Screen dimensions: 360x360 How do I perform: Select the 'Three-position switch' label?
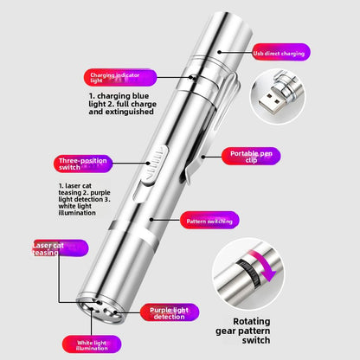(83, 164)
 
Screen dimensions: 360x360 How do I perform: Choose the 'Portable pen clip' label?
(251, 157)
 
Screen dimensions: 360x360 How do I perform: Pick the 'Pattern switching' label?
(209, 221)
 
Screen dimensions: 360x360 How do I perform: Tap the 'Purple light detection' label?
(170, 312)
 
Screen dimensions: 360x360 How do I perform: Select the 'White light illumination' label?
(92, 344)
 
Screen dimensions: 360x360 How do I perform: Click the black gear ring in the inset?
(247, 273)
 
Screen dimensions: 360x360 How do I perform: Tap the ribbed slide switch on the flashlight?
(154, 166)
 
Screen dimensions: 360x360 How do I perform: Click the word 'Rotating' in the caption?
(252, 321)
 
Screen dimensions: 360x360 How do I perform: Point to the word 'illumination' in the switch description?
(77, 213)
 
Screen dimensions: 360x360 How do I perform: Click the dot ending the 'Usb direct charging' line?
(219, 52)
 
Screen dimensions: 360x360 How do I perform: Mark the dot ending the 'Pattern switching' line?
(151, 220)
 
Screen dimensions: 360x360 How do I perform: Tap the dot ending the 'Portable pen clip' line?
(203, 157)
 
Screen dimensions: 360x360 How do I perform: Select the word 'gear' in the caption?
(226, 331)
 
